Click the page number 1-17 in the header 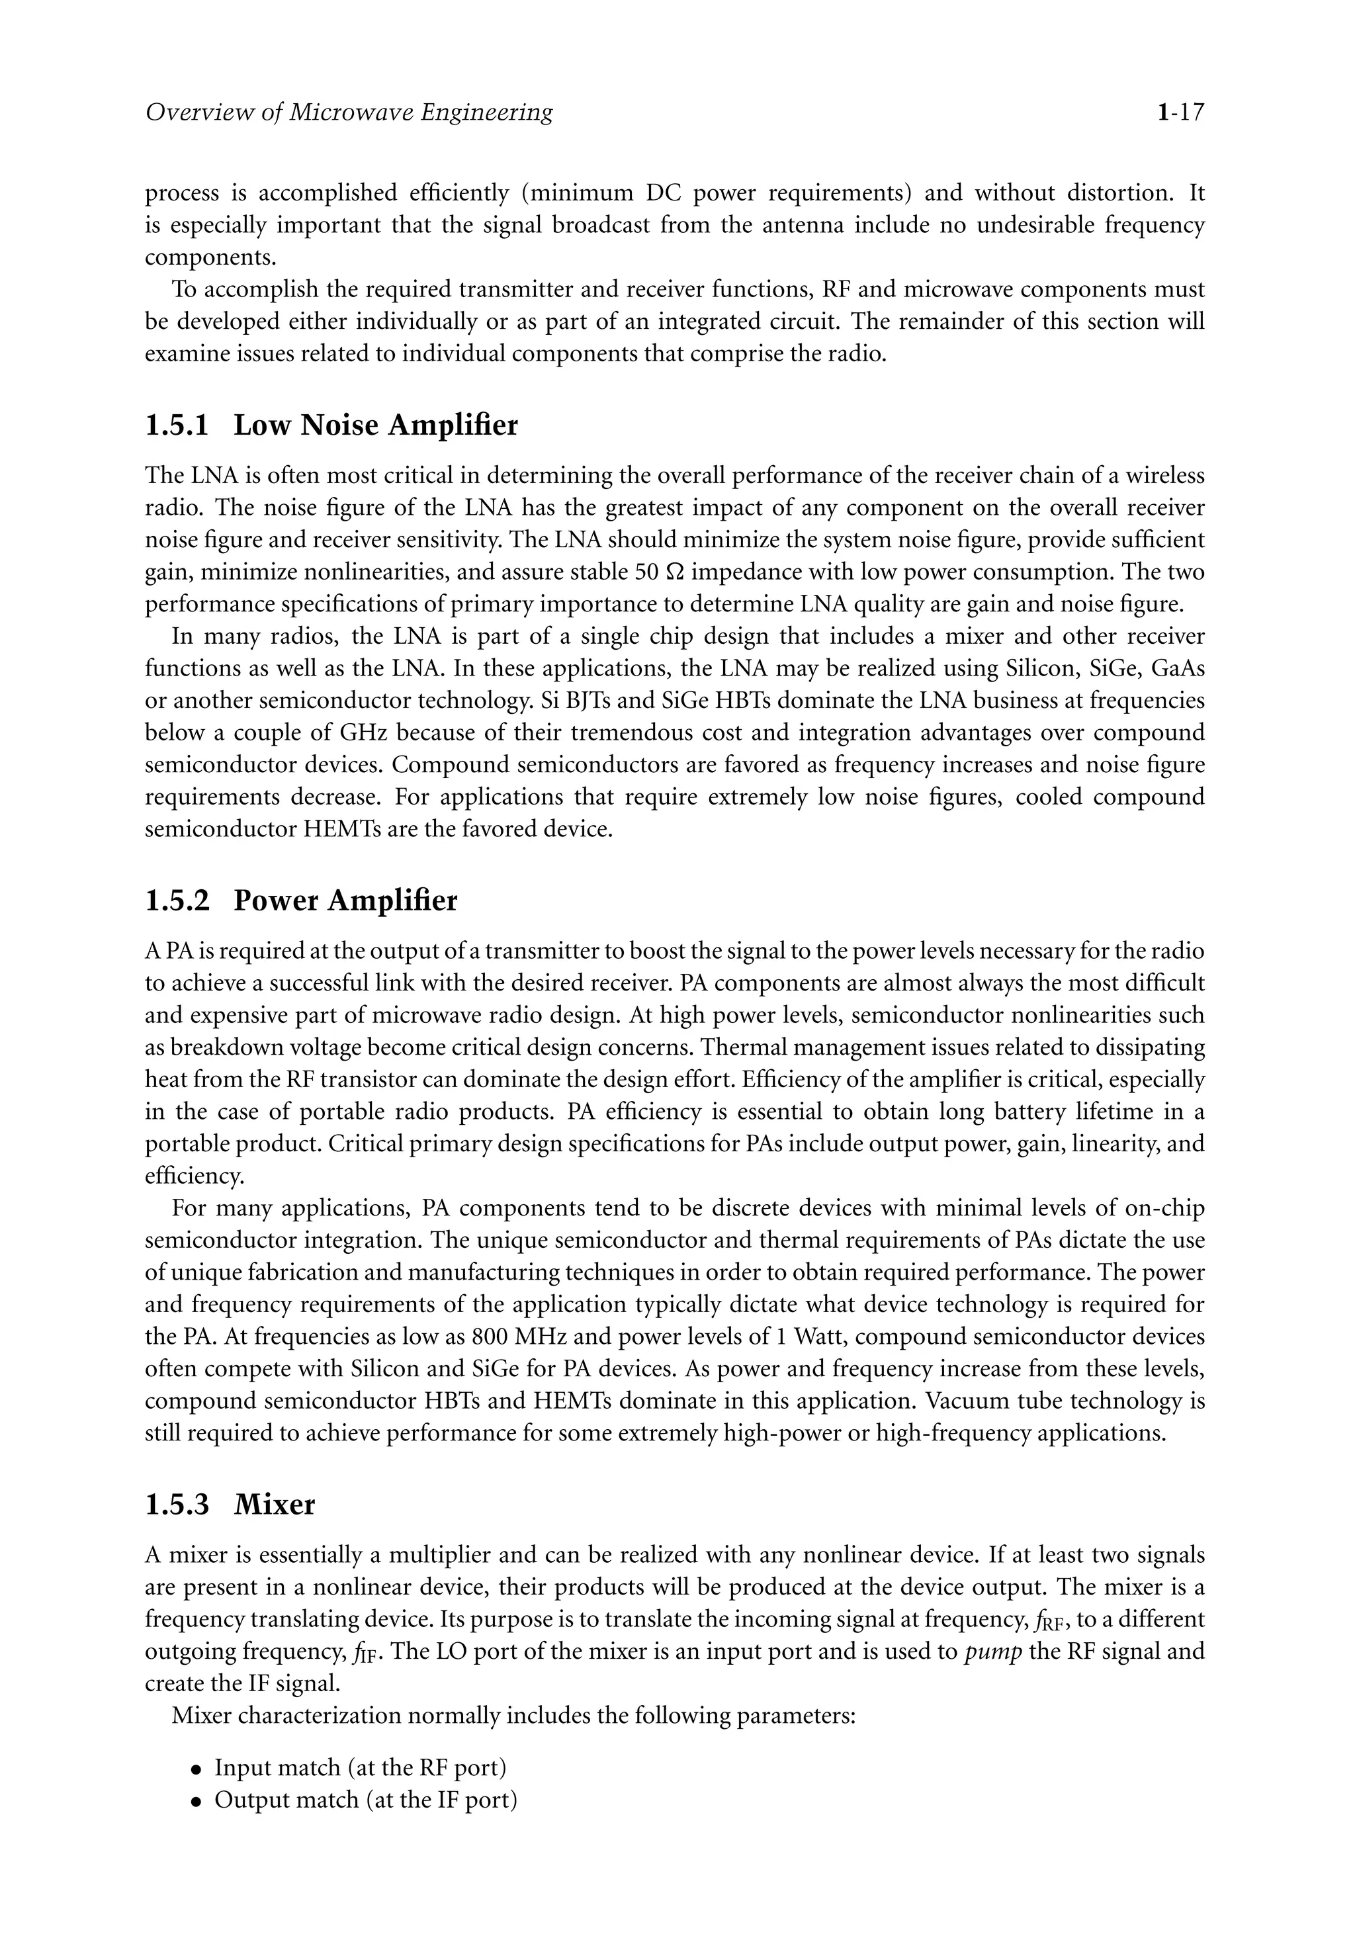pos(1180,112)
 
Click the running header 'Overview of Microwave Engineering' pos(349,112)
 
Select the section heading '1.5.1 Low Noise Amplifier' pos(331,425)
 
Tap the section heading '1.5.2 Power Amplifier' pos(301,901)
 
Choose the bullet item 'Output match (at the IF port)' pos(365,1800)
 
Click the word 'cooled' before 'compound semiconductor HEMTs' pos(1048,797)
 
